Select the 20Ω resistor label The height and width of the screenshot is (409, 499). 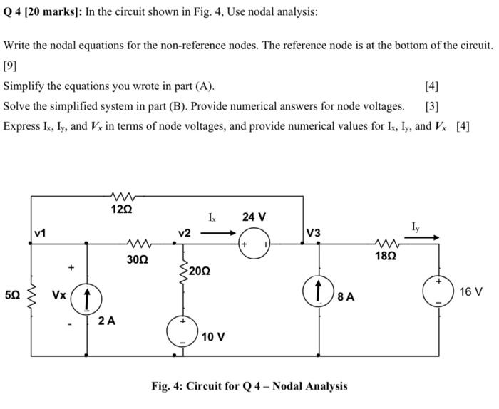pos(200,271)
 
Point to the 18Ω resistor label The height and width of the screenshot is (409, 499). pos(384,254)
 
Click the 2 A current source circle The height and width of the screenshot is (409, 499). pos(86,297)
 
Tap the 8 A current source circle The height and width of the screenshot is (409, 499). pos(318,292)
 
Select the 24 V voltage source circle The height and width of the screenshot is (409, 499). pos(254,242)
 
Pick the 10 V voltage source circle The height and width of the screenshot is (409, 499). pos(182,331)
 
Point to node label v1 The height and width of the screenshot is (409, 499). pos(40,233)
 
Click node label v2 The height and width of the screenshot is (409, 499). pos(185,233)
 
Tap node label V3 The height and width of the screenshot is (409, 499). pos(314,233)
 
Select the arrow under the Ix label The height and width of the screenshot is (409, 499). pos(220,231)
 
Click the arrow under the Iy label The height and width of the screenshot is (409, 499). pos(427,239)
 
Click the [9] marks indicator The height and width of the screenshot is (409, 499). pos(11,66)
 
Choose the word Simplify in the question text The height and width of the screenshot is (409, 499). pos(25,86)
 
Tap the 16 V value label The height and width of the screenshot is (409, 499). pos(470,292)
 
